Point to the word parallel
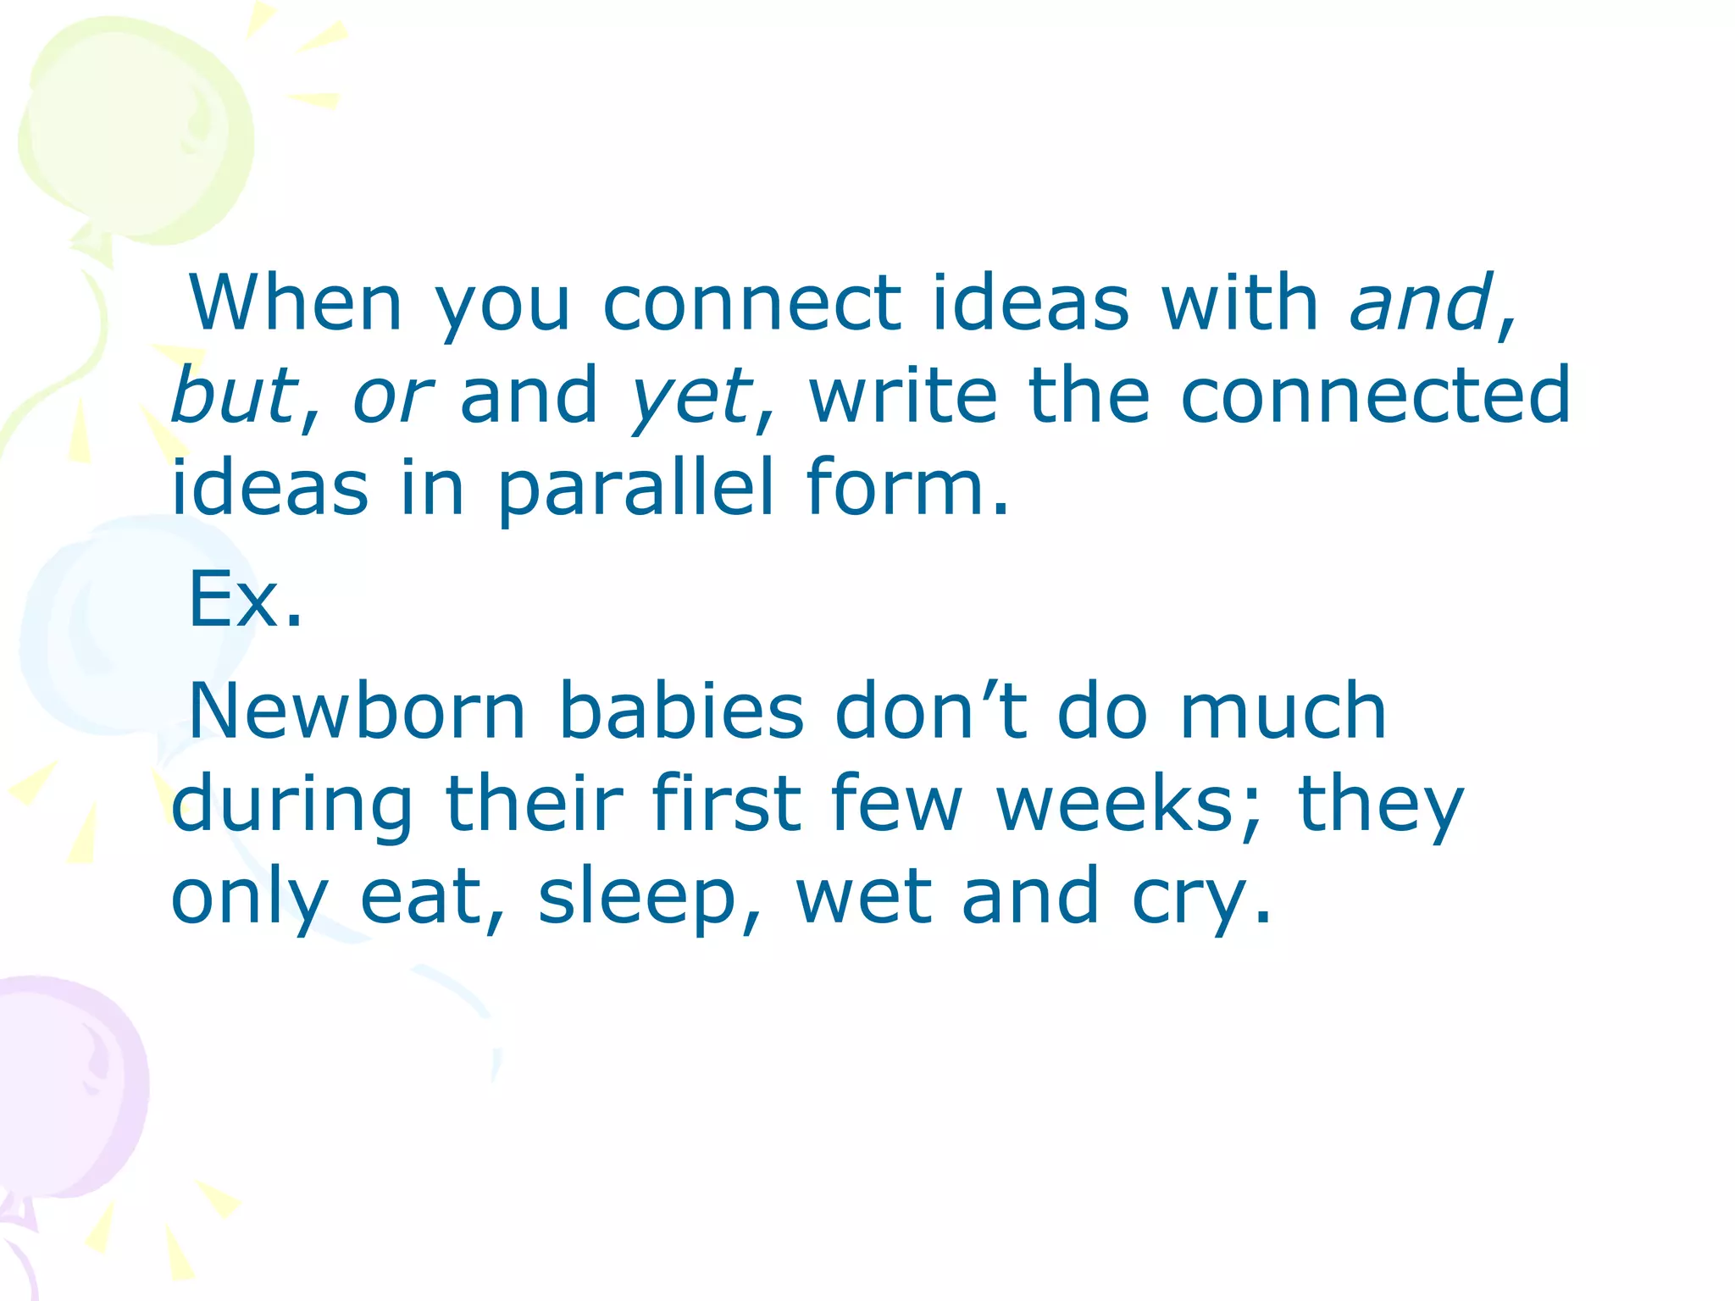(x=635, y=489)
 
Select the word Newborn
(x=357, y=711)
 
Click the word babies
(x=681, y=711)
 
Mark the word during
(x=291, y=805)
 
